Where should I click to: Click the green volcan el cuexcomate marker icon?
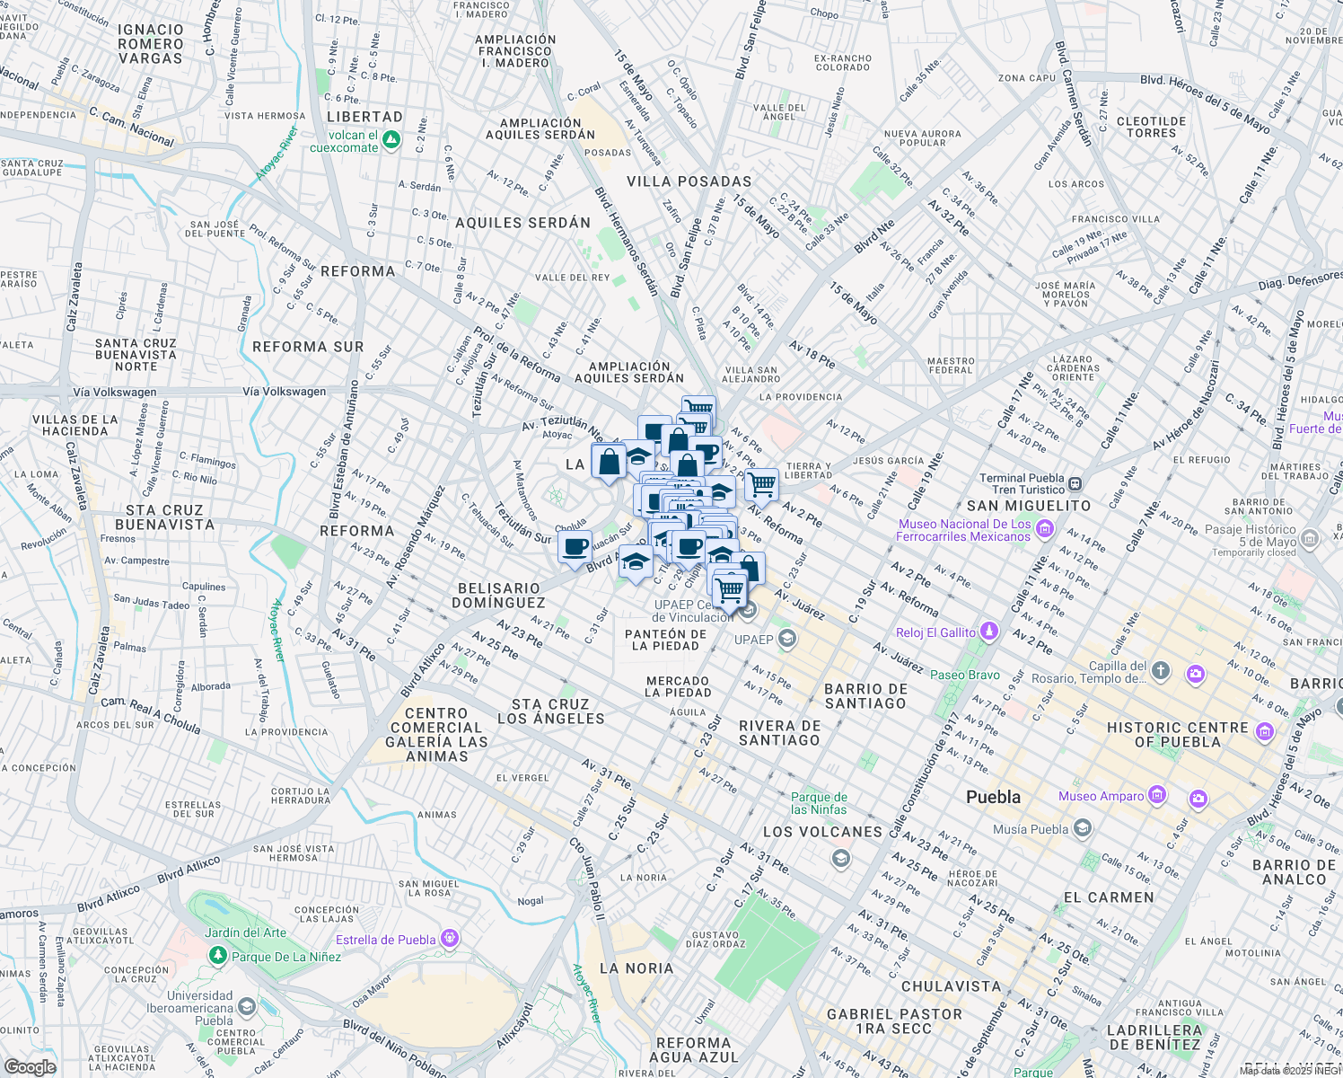pyautogui.click(x=391, y=140)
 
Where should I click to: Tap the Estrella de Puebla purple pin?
pyautogui.click(x=450, y=940)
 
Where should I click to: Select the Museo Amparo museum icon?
pyautogui.click(x=1157, y=795)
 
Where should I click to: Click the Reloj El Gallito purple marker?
pyautogui.click(x=988, y=632)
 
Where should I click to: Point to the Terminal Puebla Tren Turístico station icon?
pyautogui.click(x=1075, y=484)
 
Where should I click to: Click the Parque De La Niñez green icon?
pyautogui.click(x=217, y=956)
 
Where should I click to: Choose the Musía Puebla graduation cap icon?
pyautogui.click(x=1083, y=828)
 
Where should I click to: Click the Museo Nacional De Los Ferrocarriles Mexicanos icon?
pyautogui.click(x=1044, y=529)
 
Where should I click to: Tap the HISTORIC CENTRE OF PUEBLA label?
pyautogui.click(x=1177, y=734)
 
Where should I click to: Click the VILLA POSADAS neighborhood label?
pyautogui.click(x=689, y=181)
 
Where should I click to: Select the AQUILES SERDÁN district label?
pyautogui.click(x=522, y=223)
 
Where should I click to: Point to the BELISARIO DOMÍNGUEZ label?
pyautogui.click(x=499, y=596)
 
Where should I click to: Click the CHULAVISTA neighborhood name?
pyautogui.click(x=951, y=986)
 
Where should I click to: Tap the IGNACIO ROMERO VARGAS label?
pyautogui.click(x=150, y=44)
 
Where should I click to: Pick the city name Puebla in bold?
pyautogui.click(x=993, y=797)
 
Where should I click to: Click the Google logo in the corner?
pyautogui.click(x=30, y=1066)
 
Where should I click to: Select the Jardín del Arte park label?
pyautogui.click(x=245, y=932)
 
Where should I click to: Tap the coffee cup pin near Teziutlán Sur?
pyautogui.click(x=575, y=546)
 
